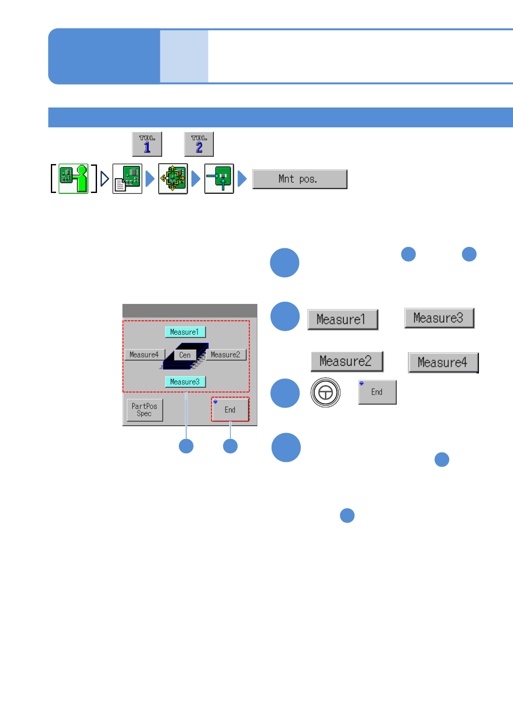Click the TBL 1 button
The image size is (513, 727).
[x=147, y=144]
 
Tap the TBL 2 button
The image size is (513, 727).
[x=199, y=144]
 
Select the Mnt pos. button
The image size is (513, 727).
[x=300, y=179]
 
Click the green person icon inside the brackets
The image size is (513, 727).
[x=74, y=178]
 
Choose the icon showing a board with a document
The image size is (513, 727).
[x=127, y=178]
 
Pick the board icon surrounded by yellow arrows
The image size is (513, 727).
[x=173, y=178]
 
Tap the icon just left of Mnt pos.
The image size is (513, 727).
[x=219, y=178]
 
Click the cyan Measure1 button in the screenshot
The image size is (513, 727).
[x=185, y=332]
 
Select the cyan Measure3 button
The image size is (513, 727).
[x=185, y=382]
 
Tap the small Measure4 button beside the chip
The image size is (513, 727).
[x=144, y=354]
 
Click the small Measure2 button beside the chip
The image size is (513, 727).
[x=225, y=354]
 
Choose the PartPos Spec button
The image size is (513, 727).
[x=145, y=410]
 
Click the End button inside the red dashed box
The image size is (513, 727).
[x=230, y=409]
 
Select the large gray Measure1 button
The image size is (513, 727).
[x=343, y=319]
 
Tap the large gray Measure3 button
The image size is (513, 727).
[x=439, y=318]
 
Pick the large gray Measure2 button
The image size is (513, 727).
[x=347, y=361]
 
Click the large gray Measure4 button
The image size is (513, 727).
[x=443, y=363]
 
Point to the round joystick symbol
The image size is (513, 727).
[x=325, y=392]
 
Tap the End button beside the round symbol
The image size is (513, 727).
[x=377, y=392]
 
